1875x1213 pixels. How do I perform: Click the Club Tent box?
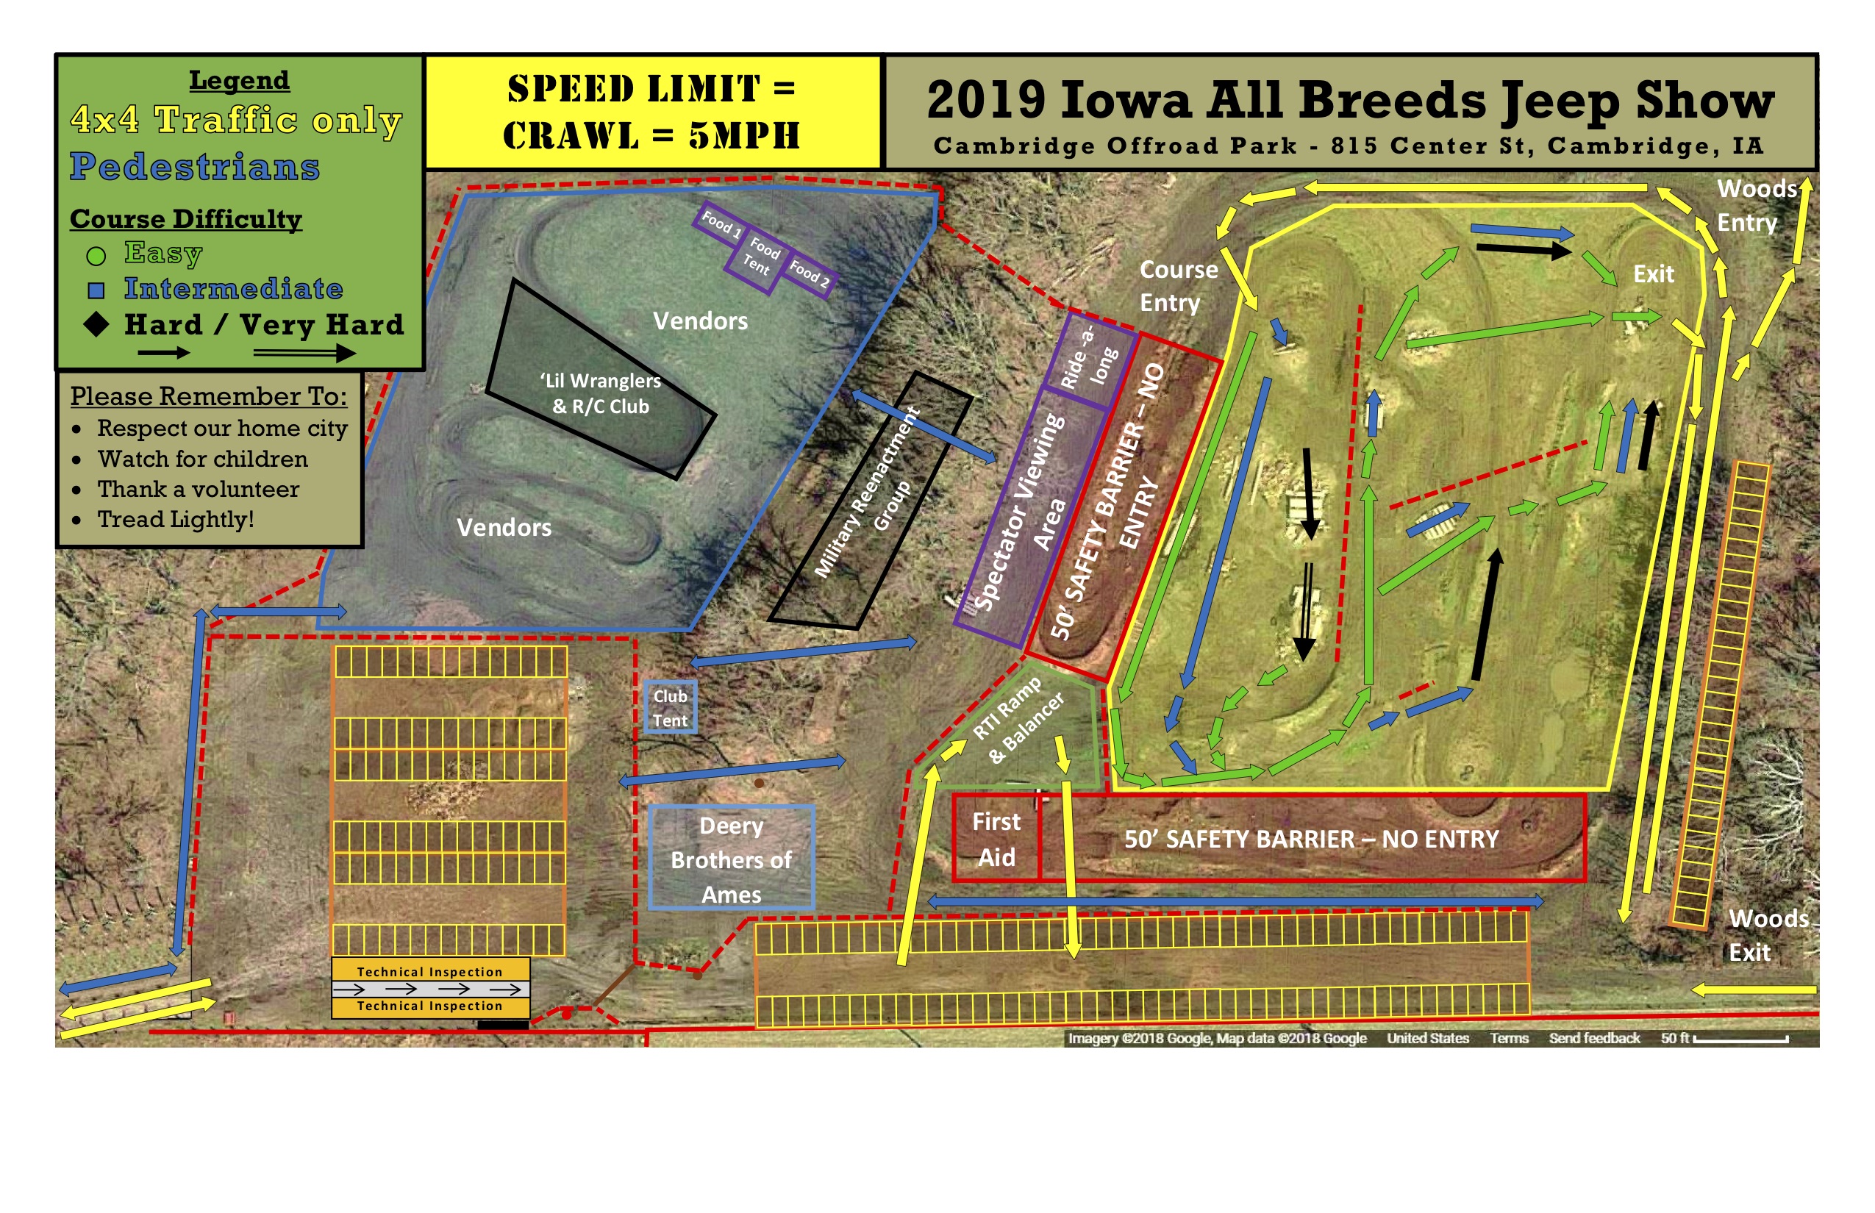(x=670, y=708)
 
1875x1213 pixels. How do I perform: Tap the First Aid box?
(x=996, y=839)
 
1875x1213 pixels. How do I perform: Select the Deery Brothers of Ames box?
(x=731, y=859)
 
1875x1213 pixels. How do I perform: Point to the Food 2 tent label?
(x=809, y=274)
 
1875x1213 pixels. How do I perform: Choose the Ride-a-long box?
(x=1089, y=359)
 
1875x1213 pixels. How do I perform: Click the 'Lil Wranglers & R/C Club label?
(x=600, y=393)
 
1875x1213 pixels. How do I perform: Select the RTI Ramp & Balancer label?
(x=1018, y=720)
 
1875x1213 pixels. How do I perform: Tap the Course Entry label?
(x=1177, y=286)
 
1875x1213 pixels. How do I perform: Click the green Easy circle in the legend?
(x=96, y=255)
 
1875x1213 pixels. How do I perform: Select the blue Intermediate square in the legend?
(x=96, y=290)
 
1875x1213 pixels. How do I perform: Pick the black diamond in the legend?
(x=96, y=323)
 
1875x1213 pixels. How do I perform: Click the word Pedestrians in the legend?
(x=195, y=166)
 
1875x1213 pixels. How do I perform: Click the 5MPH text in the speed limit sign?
(x=743, y=135)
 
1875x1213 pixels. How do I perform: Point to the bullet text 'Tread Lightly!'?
(x=175, y=519)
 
